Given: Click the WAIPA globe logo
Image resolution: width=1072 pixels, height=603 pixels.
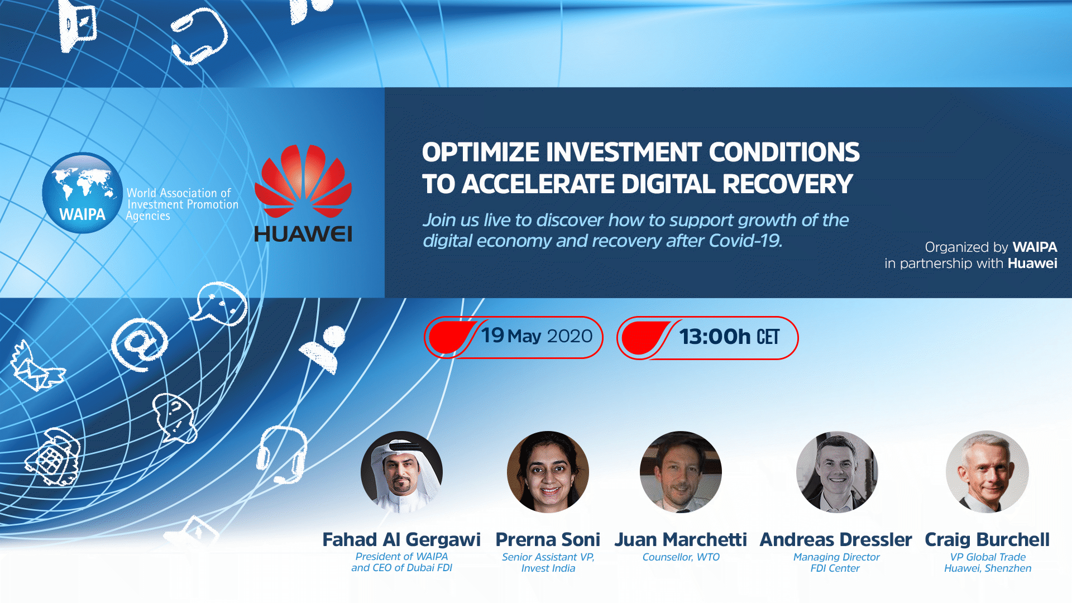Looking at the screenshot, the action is click(83, 193).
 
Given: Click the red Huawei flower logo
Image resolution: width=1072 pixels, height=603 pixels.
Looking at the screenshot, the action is click(303, 181).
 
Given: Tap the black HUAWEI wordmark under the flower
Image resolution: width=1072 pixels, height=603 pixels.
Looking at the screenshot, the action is click(303, 234).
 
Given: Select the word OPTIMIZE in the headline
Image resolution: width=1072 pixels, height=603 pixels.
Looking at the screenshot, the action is click(480, 152).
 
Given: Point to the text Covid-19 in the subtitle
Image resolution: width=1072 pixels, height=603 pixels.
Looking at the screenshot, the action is click(745, 241).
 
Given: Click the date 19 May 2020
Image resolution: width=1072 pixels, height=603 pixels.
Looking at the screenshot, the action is click(537, 336).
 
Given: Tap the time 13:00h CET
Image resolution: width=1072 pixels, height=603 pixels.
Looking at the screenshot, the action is click(729, 337).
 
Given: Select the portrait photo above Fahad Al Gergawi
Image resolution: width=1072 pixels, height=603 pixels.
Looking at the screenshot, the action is click(401, 472).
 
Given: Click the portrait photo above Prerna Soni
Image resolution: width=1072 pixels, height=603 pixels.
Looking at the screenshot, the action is click(548, 472).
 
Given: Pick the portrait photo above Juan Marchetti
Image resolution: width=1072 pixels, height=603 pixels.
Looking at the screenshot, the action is click(681, 472).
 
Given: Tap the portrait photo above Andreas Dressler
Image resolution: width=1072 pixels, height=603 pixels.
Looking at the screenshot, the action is click(837, 472).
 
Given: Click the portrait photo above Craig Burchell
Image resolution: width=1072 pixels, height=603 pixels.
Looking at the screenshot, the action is click(987, 472).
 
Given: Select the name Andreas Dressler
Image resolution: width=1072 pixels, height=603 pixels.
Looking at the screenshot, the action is click(836, 539).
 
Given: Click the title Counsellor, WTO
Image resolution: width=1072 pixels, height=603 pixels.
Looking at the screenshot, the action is click(681, 557).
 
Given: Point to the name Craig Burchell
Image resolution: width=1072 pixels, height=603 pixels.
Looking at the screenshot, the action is click(987, 539).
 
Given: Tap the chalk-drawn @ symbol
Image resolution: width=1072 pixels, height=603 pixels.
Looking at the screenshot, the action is click(139, 344).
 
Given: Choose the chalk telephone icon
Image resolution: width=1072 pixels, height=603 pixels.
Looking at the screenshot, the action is click(54, 457).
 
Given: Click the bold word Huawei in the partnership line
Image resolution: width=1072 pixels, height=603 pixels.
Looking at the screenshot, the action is click(1032, 264).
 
